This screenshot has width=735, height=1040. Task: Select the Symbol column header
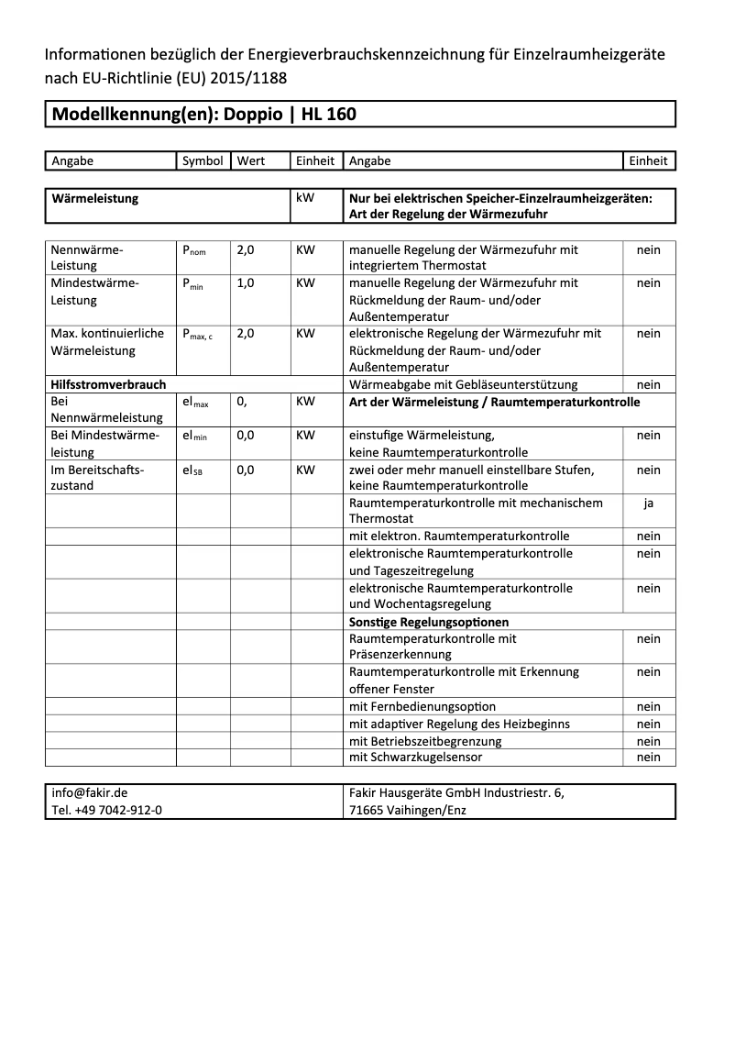(x=203, y=160)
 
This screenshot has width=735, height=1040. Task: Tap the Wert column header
(x=251, y=160)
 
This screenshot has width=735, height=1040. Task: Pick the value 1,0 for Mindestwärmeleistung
(x=246, y=283)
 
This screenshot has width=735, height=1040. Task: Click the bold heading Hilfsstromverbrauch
(x=108, y=385)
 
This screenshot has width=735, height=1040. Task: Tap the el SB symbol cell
(x=192, y=470)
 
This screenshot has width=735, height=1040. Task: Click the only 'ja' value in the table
(x=648, y=503)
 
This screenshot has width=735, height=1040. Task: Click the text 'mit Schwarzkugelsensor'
(x=415, y=758)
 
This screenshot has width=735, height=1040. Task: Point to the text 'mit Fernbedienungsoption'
(x=422, y=707)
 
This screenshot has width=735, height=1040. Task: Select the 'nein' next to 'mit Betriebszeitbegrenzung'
(x=648, y=741)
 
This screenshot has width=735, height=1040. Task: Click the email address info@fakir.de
(x=90, y=793)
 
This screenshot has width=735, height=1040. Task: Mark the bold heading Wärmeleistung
(x=95, y=198)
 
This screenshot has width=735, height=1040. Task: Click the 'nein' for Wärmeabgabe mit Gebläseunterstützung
(x=648, y=385)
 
